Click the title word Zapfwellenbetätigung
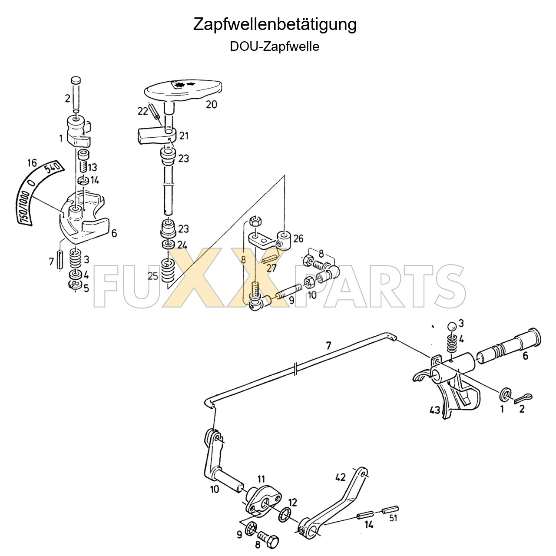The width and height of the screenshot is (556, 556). click(275, 24)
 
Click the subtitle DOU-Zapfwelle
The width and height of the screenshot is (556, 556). click(275, 46)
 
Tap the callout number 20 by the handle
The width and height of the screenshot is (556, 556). click(211, 104)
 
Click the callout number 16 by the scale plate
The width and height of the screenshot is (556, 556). click(31, 163)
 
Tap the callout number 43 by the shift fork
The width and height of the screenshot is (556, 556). click(434, 410)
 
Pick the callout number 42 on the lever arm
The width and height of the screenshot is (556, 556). click(340, 477)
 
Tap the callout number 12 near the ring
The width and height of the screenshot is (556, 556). click(292, 503)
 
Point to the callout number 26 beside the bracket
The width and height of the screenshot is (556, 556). click(298, 238)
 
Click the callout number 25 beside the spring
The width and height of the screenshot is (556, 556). click(153, 276)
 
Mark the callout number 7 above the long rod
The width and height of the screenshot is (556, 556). click(328, 346)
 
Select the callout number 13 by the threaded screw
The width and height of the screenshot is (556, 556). click(93, 167)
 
